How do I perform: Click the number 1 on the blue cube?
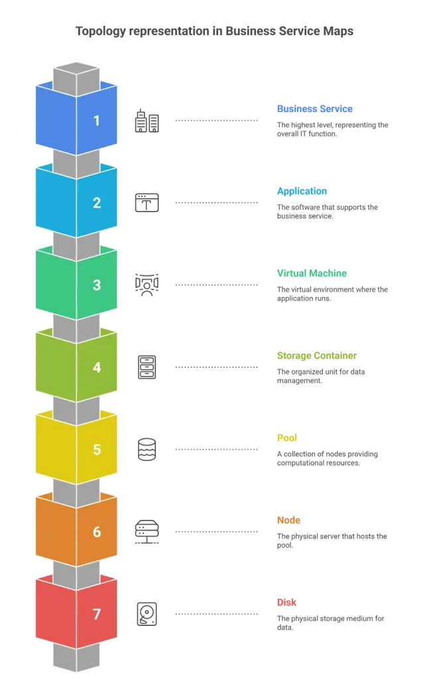point(97,121)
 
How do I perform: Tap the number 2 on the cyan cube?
point(97,203)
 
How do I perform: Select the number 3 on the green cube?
point(97,285)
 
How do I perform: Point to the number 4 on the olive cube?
point(97,367)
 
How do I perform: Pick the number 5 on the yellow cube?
point(97,450)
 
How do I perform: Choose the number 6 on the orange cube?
point(97,532)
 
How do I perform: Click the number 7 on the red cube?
point(97,614)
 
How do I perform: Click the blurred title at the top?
point(214,31)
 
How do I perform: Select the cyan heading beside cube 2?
point(302,191)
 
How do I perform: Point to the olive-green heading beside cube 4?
point(317,355)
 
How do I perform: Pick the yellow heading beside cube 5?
point(286,438)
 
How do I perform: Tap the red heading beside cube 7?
point(286,602)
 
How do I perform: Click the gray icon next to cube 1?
point(146,120)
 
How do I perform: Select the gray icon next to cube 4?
point(146,367)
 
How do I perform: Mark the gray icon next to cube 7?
point(146,613)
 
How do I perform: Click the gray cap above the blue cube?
point(76,73)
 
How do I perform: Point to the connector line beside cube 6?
point(217,532)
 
